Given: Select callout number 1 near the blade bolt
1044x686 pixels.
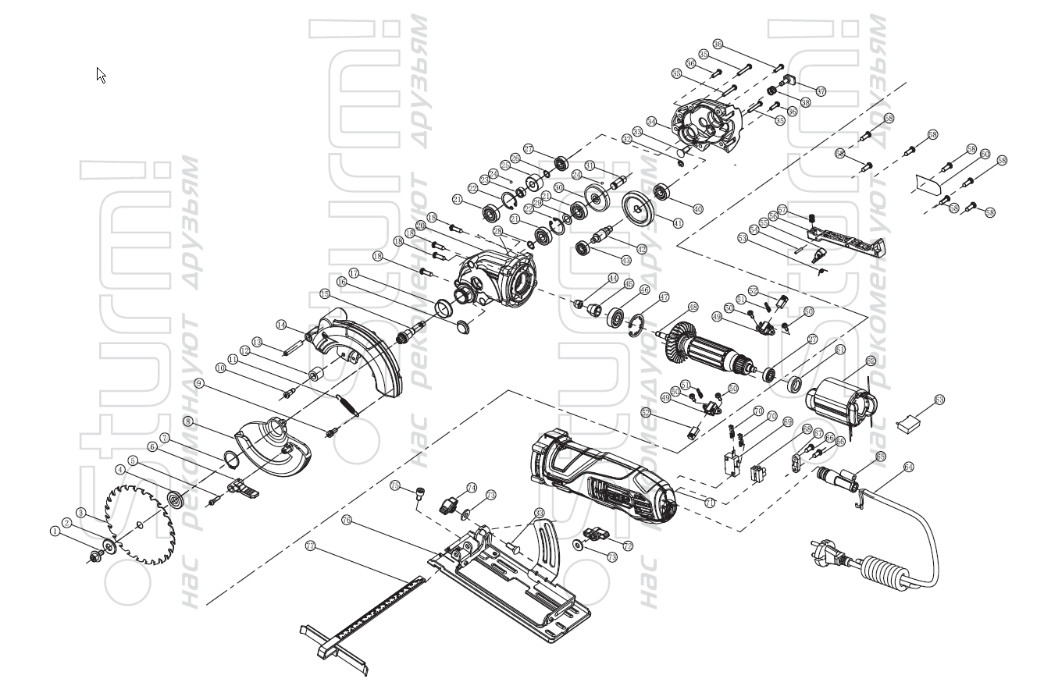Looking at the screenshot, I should [x=55, y=531].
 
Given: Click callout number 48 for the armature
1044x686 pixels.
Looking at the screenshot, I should [x=693, y=306].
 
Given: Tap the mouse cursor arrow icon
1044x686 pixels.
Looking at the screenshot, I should [x=102, y=75].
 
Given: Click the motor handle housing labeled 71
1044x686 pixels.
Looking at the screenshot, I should [x=601, y=476].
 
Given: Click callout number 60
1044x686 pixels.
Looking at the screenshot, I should [x=985, y=154].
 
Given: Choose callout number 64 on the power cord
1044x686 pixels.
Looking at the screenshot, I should [x=908, y=467].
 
